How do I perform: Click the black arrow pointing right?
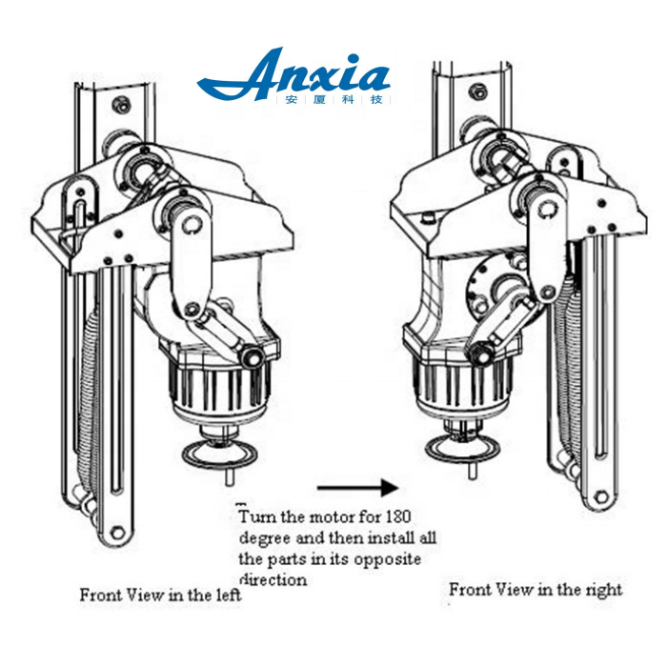[357, 488]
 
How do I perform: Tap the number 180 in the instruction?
[398, 516]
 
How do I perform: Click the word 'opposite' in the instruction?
[387, 559]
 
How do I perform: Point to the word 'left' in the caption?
[230, 595]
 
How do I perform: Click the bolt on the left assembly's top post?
[122, 105]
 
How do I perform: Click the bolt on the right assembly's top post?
[478, 91]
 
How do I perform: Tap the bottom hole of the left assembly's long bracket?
[117, 532]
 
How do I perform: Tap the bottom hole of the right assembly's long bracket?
[600, 496]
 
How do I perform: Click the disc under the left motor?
[219, 455]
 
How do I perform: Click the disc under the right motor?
[463, 448]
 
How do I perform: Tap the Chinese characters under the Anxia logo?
[333, 100]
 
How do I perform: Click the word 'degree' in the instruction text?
[265, 538]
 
